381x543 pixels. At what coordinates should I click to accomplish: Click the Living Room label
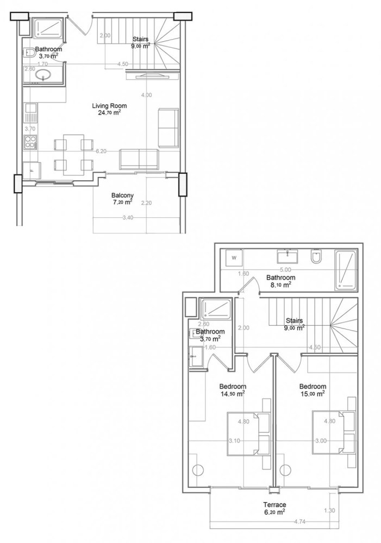(106, 106)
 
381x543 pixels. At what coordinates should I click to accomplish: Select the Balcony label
(123, 195)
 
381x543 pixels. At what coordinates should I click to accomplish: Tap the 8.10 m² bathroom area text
(280, 283)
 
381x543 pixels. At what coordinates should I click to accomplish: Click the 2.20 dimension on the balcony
(145, 204)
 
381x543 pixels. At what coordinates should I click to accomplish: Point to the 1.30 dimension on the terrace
(329, 510)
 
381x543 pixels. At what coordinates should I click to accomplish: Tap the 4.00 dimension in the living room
(146, 95)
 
